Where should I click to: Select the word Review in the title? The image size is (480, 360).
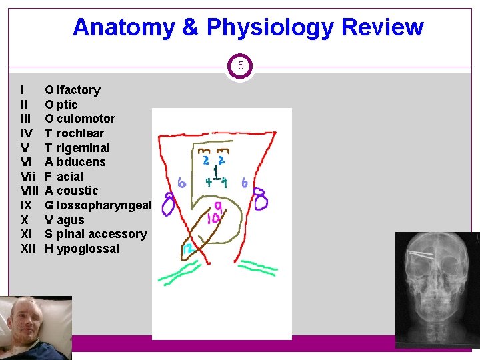tap(383, 27)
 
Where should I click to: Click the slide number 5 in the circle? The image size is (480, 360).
tap(241, 66)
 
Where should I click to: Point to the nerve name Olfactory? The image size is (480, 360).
tap(73, 90)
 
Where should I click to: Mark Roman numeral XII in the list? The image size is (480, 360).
tap(27, 249)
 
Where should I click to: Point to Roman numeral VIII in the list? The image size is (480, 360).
tap(29, 191)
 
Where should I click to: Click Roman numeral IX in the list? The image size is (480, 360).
tap(25, 205)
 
